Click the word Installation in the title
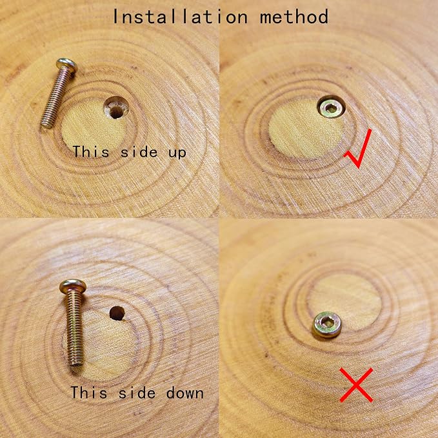point(180,17)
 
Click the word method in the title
point(294,17)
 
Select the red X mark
point(356,385)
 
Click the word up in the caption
point(177,153)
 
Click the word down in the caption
point(184,393)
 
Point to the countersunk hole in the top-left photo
point(116,108)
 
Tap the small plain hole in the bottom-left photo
point(117,313)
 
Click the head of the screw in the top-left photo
point(66,66)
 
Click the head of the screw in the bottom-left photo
point(73,286)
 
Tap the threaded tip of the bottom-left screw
point(76,363)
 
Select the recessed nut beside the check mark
point(332,106)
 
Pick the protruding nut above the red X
point(327,325)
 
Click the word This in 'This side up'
point(91,152)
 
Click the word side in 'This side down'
point(137,392)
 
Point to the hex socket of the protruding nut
point(326,323)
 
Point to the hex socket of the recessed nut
point(331,108)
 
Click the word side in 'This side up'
point(139,152)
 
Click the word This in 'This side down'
point(89,392)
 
